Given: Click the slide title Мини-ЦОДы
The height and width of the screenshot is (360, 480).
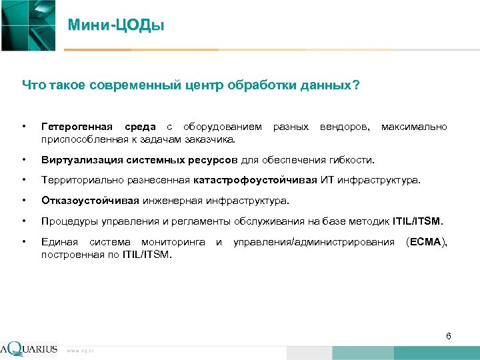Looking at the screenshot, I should coord(116,26).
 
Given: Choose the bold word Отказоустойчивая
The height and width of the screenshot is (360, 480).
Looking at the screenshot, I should coord(90,200).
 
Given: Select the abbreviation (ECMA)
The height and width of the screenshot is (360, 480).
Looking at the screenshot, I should coord(426,241).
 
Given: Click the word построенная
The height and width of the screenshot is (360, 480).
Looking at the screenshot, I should coord(72,254).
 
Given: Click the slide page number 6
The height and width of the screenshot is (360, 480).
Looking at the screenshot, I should coord(449,336).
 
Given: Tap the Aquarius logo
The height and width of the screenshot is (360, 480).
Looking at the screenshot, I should coord(30,349).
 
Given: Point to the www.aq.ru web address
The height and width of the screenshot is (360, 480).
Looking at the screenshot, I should coord(80,350).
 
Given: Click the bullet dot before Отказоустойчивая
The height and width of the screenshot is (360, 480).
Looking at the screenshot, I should coord(25,200).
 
